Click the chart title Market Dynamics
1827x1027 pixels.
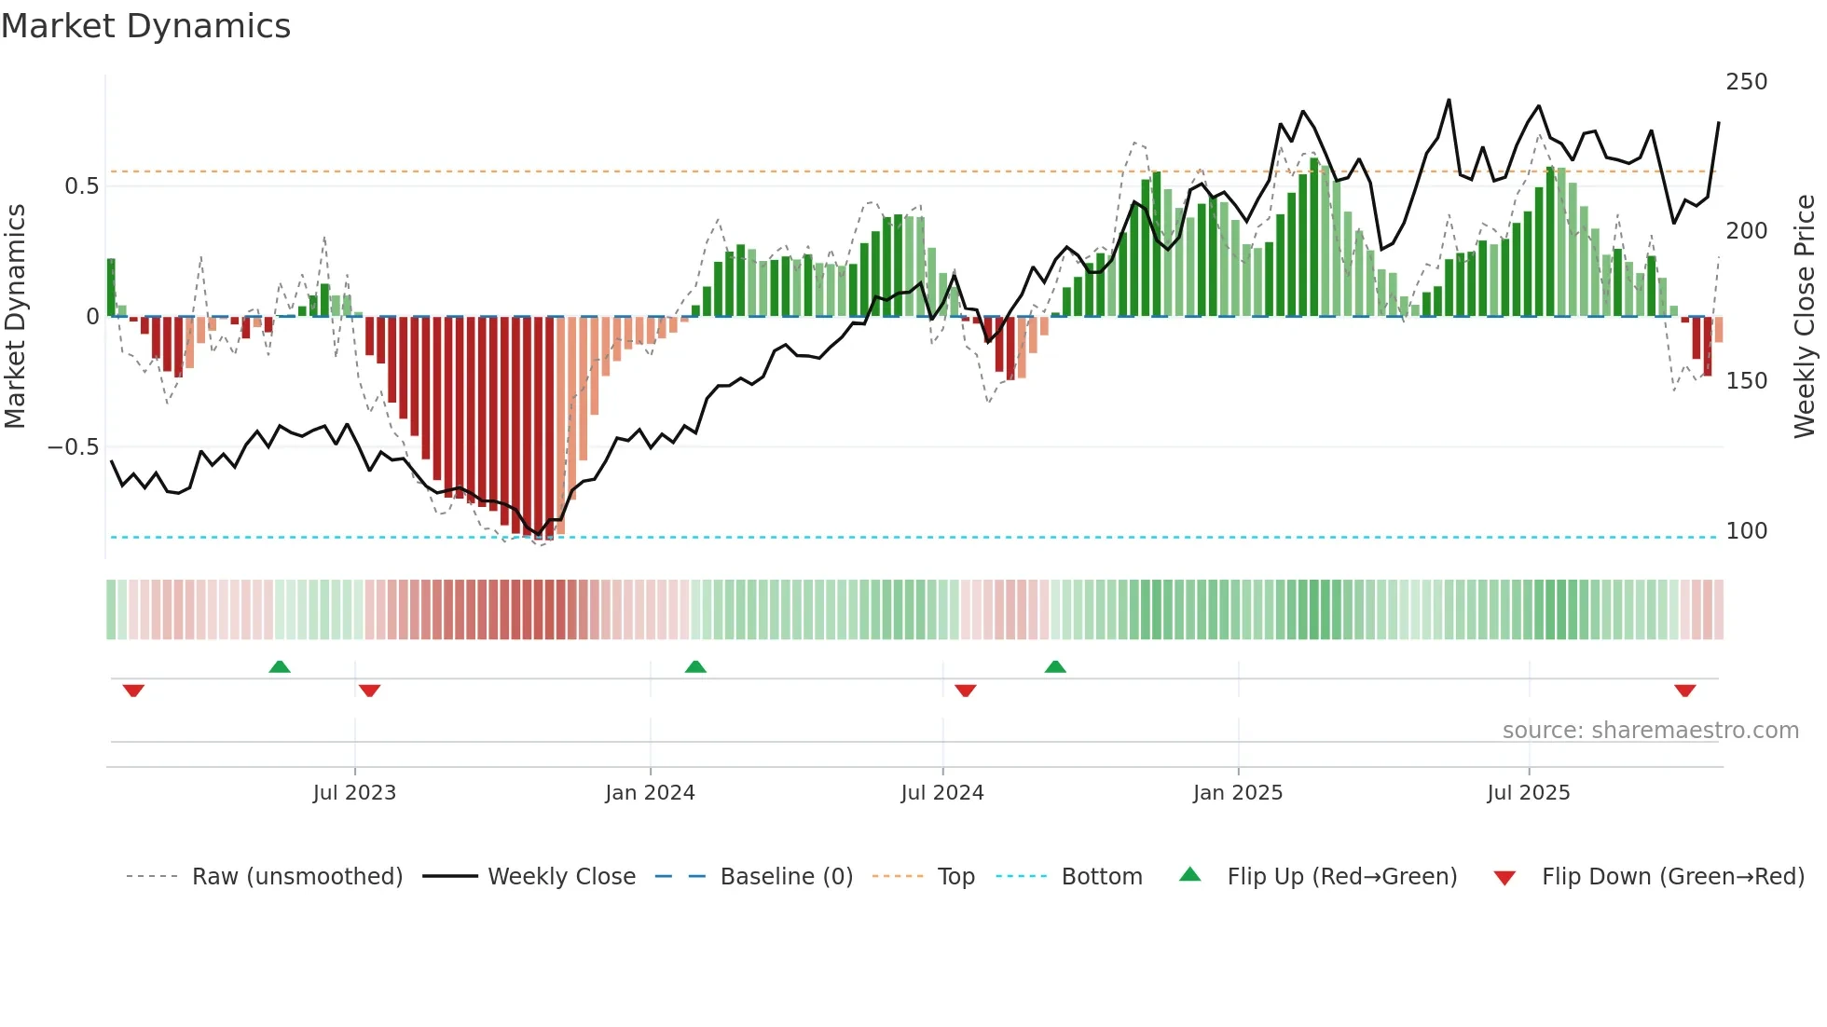[x=145, y=26]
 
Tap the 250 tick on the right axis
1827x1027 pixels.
[x=1746, y=82]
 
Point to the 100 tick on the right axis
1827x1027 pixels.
[x=1746, y=531]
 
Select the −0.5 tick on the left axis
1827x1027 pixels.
[x=73, y=447]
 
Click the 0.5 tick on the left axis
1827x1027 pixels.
[x=81, y=186]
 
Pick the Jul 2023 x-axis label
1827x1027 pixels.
[x=354, y=793]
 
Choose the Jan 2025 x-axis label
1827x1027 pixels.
[x=1237, y=793]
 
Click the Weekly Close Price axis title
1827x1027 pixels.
[x=1805, y=317]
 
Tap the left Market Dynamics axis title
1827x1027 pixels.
[x=15, y=317]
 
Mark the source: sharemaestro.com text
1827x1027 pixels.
[x=1650, y=731]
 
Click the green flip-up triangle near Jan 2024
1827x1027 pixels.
[x=695, y=666]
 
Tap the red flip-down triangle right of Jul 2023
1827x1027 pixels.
[x=369, y=691]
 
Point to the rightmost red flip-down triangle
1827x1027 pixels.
[x=1684, y=691]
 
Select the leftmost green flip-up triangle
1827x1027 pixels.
[x=280, y=666]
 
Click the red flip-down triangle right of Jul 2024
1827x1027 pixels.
[x=966, y=691]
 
